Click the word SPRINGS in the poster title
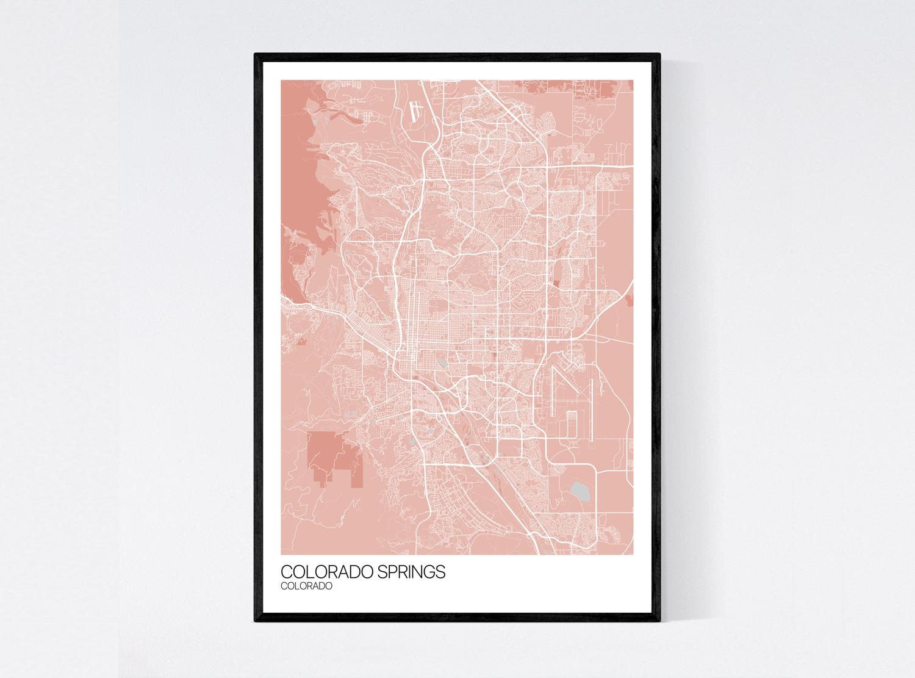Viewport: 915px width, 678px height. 409,572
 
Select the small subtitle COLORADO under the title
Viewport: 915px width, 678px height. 306,586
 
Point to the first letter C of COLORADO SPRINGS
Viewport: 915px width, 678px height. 285,572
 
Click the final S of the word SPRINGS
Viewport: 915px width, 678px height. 442,572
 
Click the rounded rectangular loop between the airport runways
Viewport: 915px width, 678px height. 572,424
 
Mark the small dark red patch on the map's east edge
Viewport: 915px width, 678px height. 630,299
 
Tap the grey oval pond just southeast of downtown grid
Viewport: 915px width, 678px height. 441,362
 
